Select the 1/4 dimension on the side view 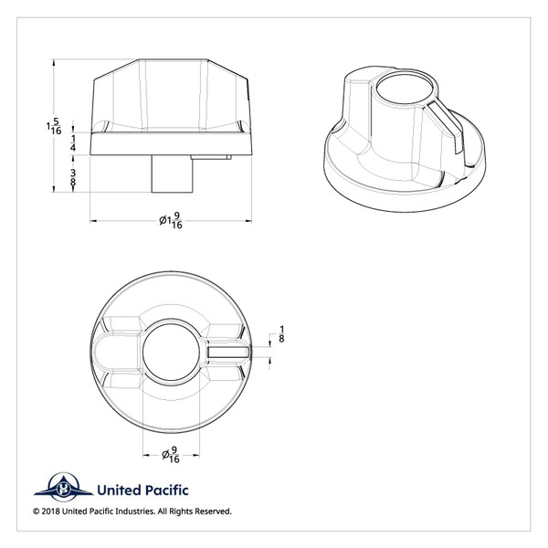point(73,142)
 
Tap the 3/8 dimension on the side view point(73,177)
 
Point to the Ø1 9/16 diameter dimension point(171,220)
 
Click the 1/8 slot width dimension point(281,334)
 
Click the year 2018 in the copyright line point(54,511)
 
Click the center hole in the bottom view point(171,351)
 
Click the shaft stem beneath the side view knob point(169,174)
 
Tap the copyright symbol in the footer point(37,511)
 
